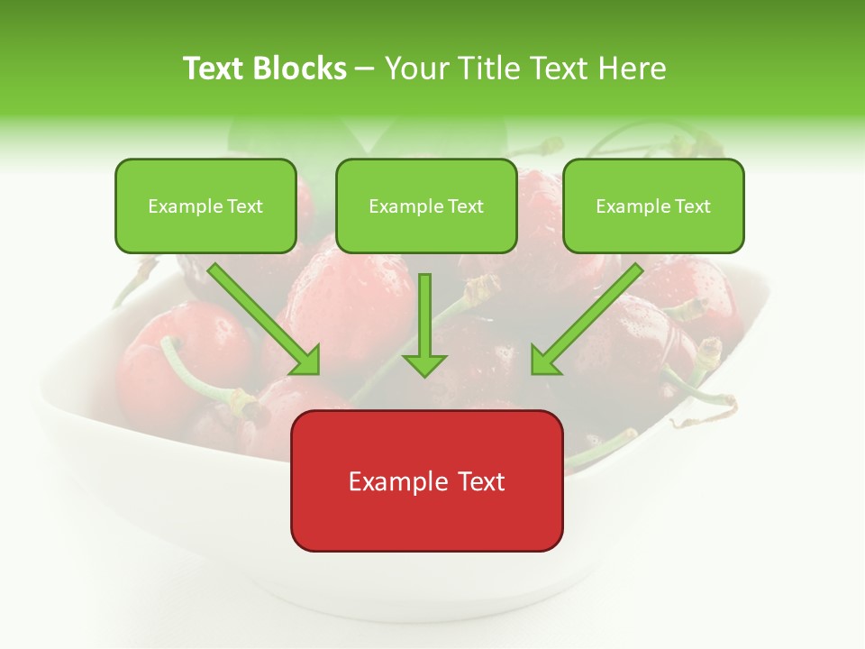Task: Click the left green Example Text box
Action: [205, 206]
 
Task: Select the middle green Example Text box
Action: [426, 206]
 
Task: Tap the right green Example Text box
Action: [653, 206]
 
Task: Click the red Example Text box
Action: [426, 480]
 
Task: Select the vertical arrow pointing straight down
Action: [424, 324]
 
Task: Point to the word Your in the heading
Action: [414, 69]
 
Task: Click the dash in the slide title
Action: [365, 69]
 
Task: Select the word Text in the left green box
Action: [244, 206]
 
